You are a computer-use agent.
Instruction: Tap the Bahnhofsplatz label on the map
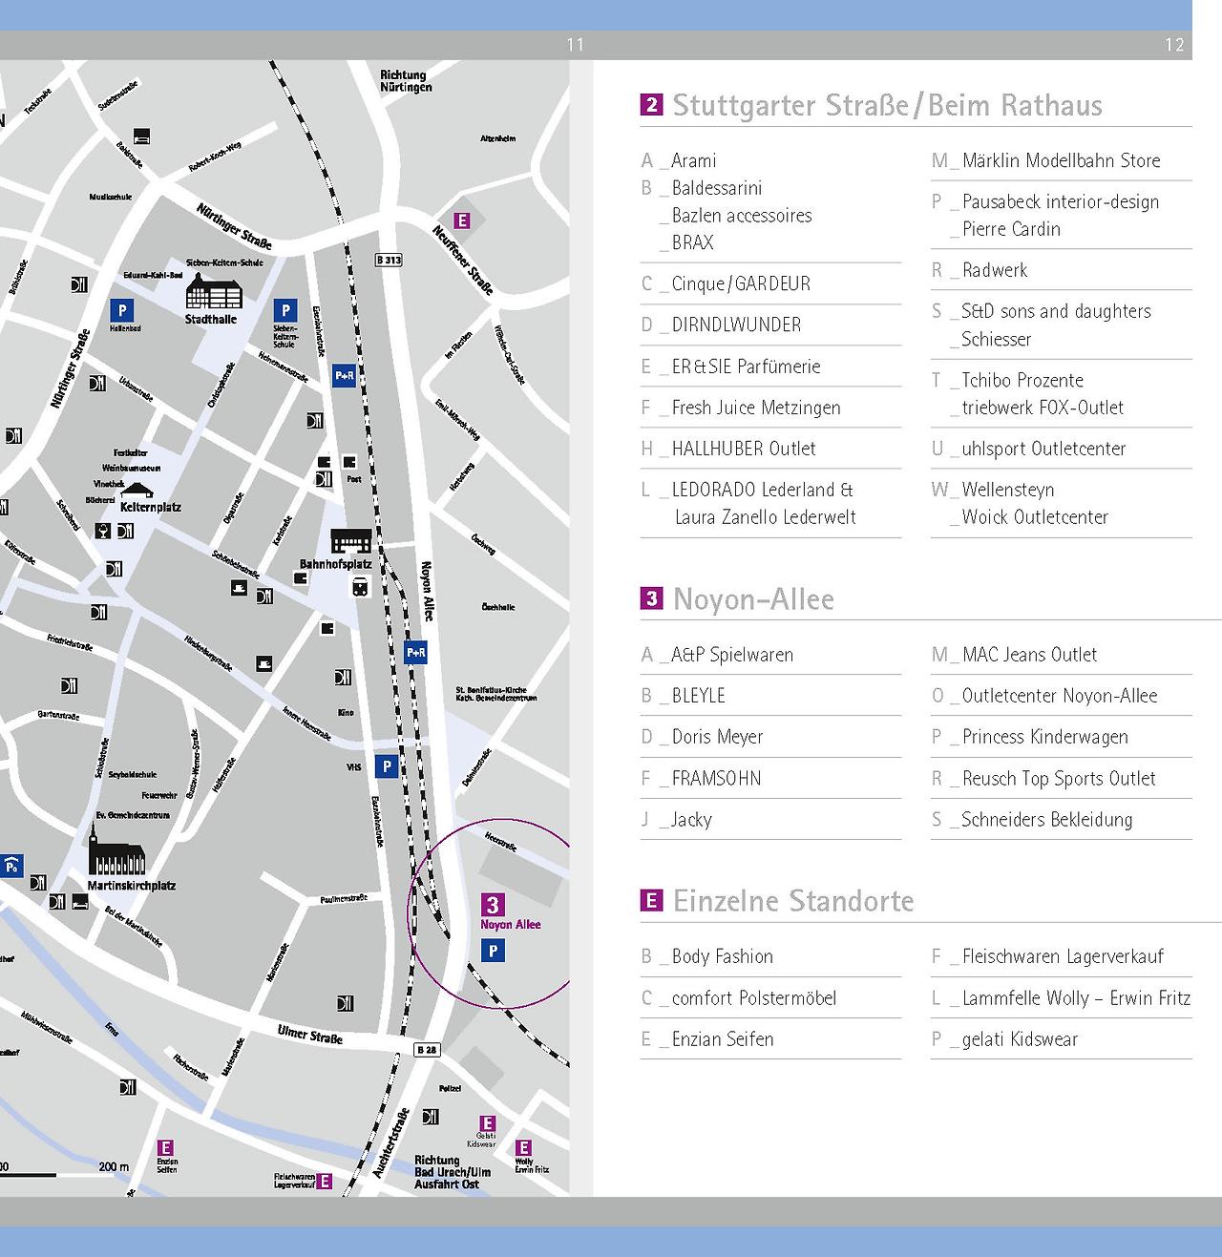[335, 564]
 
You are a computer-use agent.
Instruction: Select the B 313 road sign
[389, 260]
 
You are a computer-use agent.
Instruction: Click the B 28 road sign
[427, 1050]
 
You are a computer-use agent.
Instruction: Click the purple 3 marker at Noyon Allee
[493, 905]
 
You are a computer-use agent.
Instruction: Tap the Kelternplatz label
[151, 507]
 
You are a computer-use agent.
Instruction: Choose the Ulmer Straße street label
[309, 1034]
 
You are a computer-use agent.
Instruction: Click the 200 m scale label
[114, 1166]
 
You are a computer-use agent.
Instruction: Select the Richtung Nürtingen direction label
[405, 81]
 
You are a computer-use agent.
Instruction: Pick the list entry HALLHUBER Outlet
[743, 449]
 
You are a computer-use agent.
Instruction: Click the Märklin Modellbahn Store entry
[1061, 160]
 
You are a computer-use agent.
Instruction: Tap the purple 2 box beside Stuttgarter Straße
[651, 105]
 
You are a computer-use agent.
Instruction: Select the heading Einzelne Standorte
[793, 901]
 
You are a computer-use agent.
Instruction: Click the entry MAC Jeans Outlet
[1029, 655]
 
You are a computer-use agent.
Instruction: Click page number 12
[1174, 45]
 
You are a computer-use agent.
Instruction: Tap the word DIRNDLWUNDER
[736, 325]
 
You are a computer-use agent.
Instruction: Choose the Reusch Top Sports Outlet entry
[1059, 779]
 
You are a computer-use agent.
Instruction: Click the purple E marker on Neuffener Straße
[462, 220]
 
